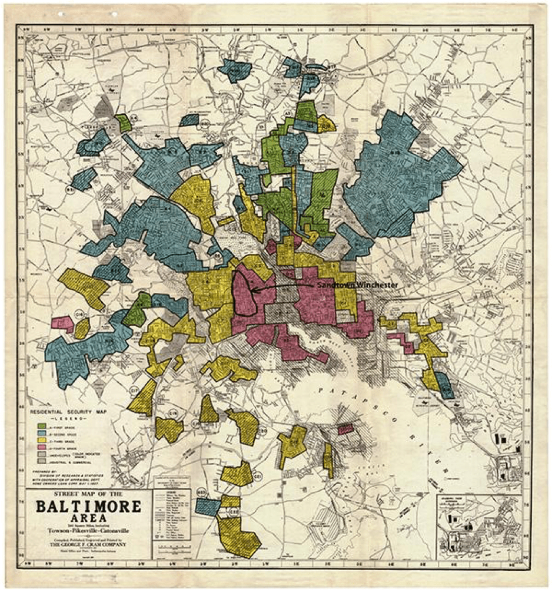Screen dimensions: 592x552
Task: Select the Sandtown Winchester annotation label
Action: click(357, 285)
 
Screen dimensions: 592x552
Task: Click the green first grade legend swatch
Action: click(42, 425)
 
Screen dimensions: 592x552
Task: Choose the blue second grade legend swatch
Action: click(42, 433)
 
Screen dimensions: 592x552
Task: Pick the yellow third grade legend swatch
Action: click(42, 441)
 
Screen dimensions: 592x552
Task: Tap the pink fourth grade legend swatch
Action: click(42, 448)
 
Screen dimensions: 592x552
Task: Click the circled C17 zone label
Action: click(134, 389)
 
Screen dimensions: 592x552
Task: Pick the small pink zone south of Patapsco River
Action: click(345, 429)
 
